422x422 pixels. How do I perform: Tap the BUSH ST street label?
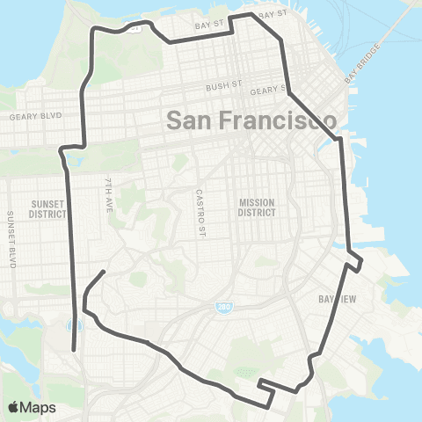(x=223, y=87)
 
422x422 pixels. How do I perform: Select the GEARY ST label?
(x=269, y=90)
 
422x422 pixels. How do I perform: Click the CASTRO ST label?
(x=200, y=206)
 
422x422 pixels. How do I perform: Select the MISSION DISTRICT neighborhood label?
(x=258, y=207)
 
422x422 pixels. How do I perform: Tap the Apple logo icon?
(x=13, y=407)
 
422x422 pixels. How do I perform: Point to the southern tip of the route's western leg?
(x=74, y=351)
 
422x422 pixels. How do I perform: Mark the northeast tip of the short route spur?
(x=105, y=272)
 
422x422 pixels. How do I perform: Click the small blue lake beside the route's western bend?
(x=69, y=163)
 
